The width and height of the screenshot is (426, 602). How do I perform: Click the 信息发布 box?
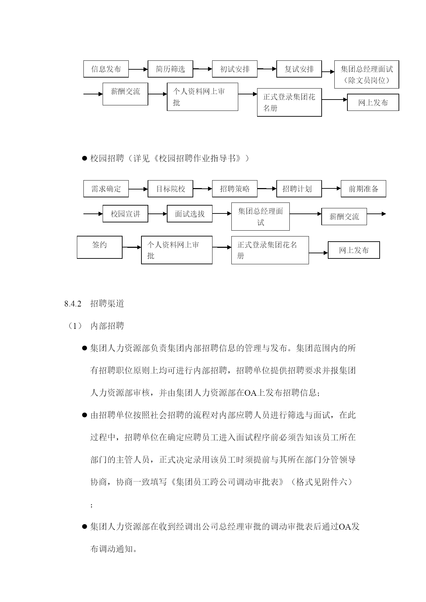(106, 69)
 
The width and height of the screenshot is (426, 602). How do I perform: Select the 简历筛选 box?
(170, 69)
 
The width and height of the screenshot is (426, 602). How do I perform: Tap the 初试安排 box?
(235, 69)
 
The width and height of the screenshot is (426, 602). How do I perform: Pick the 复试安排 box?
(299, 69)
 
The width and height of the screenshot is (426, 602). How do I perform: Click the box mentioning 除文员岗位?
(367, 74)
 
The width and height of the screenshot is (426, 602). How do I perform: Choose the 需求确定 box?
(106, 189)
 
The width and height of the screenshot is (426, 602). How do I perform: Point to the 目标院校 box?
(170, 189)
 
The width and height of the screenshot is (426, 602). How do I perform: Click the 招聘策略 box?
(235, 189)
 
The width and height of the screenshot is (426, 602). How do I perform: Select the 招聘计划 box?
(299, 189)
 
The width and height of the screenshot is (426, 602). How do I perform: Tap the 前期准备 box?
(364, 189)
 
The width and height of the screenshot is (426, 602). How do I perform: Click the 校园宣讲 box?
(125, 214)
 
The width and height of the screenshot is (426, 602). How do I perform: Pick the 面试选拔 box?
(190, 214)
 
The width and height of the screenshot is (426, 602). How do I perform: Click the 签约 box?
(100, 247)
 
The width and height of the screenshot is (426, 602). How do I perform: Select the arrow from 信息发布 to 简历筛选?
(138, 69)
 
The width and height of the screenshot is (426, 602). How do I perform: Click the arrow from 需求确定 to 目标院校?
(138, 189)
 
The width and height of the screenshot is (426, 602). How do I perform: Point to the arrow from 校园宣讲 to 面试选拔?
(158, 214)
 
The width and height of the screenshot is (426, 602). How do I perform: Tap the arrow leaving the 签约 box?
(132, 247)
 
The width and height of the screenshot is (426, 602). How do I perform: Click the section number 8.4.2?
(73, 304)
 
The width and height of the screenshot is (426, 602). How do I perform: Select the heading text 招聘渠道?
(107, 304)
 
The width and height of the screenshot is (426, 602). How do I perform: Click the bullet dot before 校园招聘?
(84, 159)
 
